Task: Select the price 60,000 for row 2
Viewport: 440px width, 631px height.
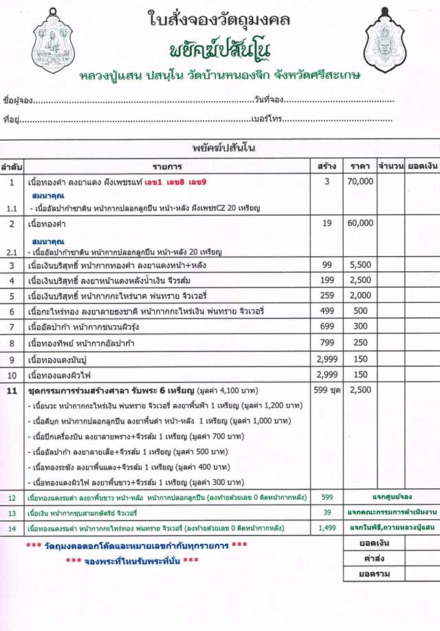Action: pos(360,223)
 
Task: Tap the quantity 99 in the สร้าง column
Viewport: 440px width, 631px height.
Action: pos(327,265)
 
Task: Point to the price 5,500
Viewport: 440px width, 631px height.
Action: pos(360,265)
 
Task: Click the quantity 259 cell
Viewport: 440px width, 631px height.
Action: pos(327,295)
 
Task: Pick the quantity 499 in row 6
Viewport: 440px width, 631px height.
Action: pos(327,311)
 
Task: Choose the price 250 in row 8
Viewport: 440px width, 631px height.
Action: pos(360,342)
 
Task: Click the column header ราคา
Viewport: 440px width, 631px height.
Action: pos(360,166)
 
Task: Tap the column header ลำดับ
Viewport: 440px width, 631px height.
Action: pos(12,166)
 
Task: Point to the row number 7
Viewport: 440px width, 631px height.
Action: pos(12,327)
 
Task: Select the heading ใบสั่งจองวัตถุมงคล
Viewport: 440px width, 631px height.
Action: pos(220,19)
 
